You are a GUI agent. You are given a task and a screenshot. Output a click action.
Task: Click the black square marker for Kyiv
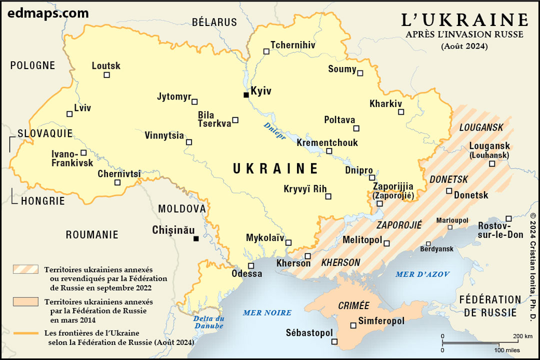(x=246, y=95)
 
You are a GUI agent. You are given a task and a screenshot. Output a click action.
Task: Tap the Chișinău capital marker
(x=196, y=238)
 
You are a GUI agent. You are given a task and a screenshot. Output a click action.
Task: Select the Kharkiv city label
(x=385, y=104)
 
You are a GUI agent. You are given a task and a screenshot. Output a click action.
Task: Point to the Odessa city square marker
(x=251, y=265)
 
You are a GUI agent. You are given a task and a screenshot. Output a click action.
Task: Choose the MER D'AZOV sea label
(x=422, y=274)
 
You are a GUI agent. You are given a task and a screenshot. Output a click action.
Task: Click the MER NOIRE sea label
(x=267, y=312)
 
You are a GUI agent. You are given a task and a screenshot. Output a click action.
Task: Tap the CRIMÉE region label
(x=353, y=305)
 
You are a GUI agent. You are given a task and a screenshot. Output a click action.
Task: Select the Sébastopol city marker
(x=334, y=342)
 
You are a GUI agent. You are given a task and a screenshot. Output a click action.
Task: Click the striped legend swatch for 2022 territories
(x=26, y=269)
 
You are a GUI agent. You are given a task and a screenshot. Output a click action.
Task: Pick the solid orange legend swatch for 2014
(x=26, y=301)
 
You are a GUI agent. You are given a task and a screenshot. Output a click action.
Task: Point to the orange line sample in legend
(x=26, y=333)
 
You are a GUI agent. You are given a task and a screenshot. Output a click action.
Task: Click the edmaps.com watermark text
(x=48, y=13)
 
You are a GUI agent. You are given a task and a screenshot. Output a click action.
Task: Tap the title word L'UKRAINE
(x=465, y=19)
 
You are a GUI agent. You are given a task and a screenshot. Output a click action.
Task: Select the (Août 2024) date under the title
(x=464, y=46)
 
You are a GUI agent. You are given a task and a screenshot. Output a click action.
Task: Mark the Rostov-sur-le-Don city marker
(x=508, y=218)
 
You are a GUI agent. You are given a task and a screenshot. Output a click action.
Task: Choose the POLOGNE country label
(x=32, y=65)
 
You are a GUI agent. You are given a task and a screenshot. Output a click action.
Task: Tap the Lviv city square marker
(x=69, y=114)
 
